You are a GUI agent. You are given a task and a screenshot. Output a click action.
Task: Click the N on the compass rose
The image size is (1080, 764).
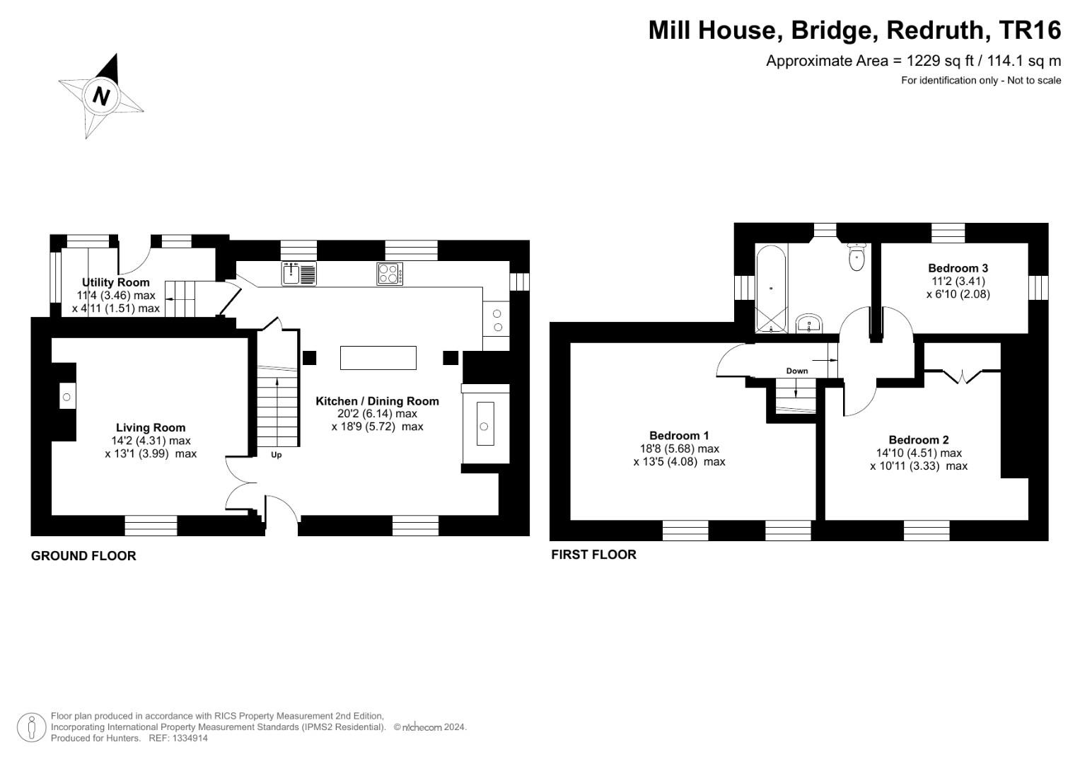(102, 95)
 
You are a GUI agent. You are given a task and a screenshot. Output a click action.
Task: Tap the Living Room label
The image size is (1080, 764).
(151, 427)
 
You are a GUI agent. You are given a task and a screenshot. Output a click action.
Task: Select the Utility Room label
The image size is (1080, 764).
(116, 282)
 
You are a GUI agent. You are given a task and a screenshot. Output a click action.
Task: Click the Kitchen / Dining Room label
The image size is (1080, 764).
(377, 401)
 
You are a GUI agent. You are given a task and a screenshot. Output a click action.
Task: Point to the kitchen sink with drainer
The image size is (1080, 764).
(299, 273)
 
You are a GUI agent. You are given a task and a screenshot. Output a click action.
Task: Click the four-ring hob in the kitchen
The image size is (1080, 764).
(390, 274)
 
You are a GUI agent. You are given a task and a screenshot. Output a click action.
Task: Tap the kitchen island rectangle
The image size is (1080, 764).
(378, 357)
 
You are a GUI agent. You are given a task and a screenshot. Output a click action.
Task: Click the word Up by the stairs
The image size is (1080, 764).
(277, 455)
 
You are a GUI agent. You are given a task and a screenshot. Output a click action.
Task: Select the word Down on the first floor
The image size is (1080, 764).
(796, 371)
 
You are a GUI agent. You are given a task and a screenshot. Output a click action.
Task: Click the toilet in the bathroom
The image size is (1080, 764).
(857, 256)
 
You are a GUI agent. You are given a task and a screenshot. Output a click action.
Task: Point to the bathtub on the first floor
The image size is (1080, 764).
(770, 288)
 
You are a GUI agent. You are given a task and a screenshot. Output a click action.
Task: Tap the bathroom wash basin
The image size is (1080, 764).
(808, 325)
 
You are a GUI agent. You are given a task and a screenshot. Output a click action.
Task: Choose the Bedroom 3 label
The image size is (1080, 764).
(958, 268)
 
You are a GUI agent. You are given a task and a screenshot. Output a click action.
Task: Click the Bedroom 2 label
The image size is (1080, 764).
(919, 440)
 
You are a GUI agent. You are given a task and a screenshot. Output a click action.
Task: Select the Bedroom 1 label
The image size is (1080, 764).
(679, 436)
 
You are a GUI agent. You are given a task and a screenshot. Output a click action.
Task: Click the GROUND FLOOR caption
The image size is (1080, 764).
(83, 556)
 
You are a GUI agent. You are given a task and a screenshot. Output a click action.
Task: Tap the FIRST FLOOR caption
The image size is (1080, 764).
(593, 555)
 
